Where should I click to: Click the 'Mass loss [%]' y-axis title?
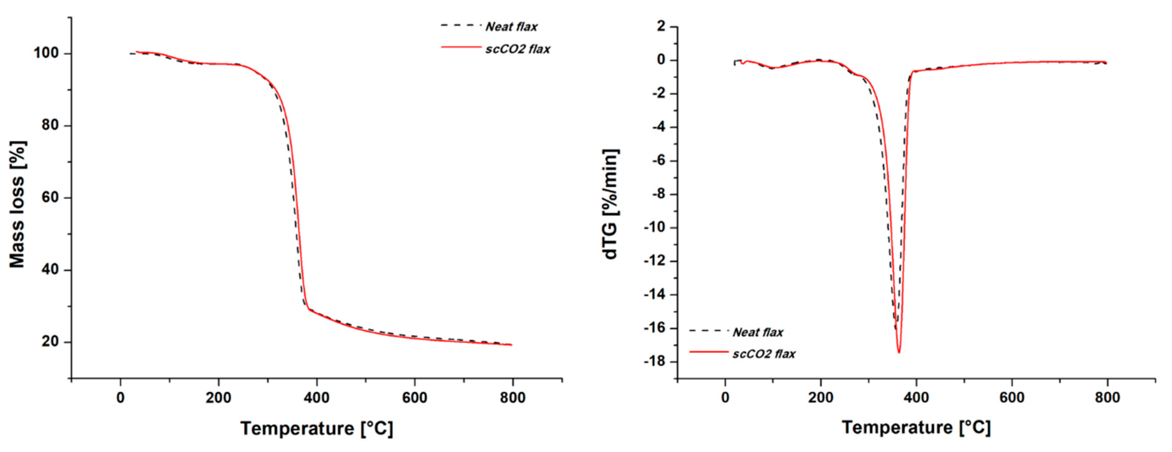pos(17,205)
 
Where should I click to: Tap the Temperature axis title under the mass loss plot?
pos(317,429)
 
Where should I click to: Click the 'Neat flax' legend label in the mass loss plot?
pos(511,27)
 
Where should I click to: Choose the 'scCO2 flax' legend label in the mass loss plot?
pos(518,49)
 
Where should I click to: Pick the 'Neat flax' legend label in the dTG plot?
pos(758,332)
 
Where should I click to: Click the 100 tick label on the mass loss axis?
pos(46,53)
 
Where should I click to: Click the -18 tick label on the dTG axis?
pos(654,362)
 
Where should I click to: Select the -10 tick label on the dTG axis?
pos(654,228)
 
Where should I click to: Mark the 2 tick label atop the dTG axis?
pos(661,27)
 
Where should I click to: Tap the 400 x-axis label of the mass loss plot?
pos(317,398)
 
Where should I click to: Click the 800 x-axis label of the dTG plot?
pos(1107,398)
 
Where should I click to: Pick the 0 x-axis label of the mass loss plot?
pos(121,398)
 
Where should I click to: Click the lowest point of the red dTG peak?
pos(899,352)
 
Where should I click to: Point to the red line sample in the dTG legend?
pos(708,352)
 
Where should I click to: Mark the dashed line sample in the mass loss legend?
pos(460,25)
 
